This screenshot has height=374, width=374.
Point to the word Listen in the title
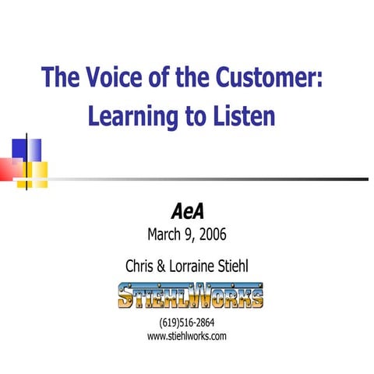coord(240,117)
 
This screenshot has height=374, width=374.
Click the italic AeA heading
coord(186,211)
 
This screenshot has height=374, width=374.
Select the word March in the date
coord(164,233)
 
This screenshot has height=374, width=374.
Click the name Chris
coord(140,266)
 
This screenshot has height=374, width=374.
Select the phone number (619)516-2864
coord(186,323)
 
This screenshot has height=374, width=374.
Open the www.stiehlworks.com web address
coord(186,336)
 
